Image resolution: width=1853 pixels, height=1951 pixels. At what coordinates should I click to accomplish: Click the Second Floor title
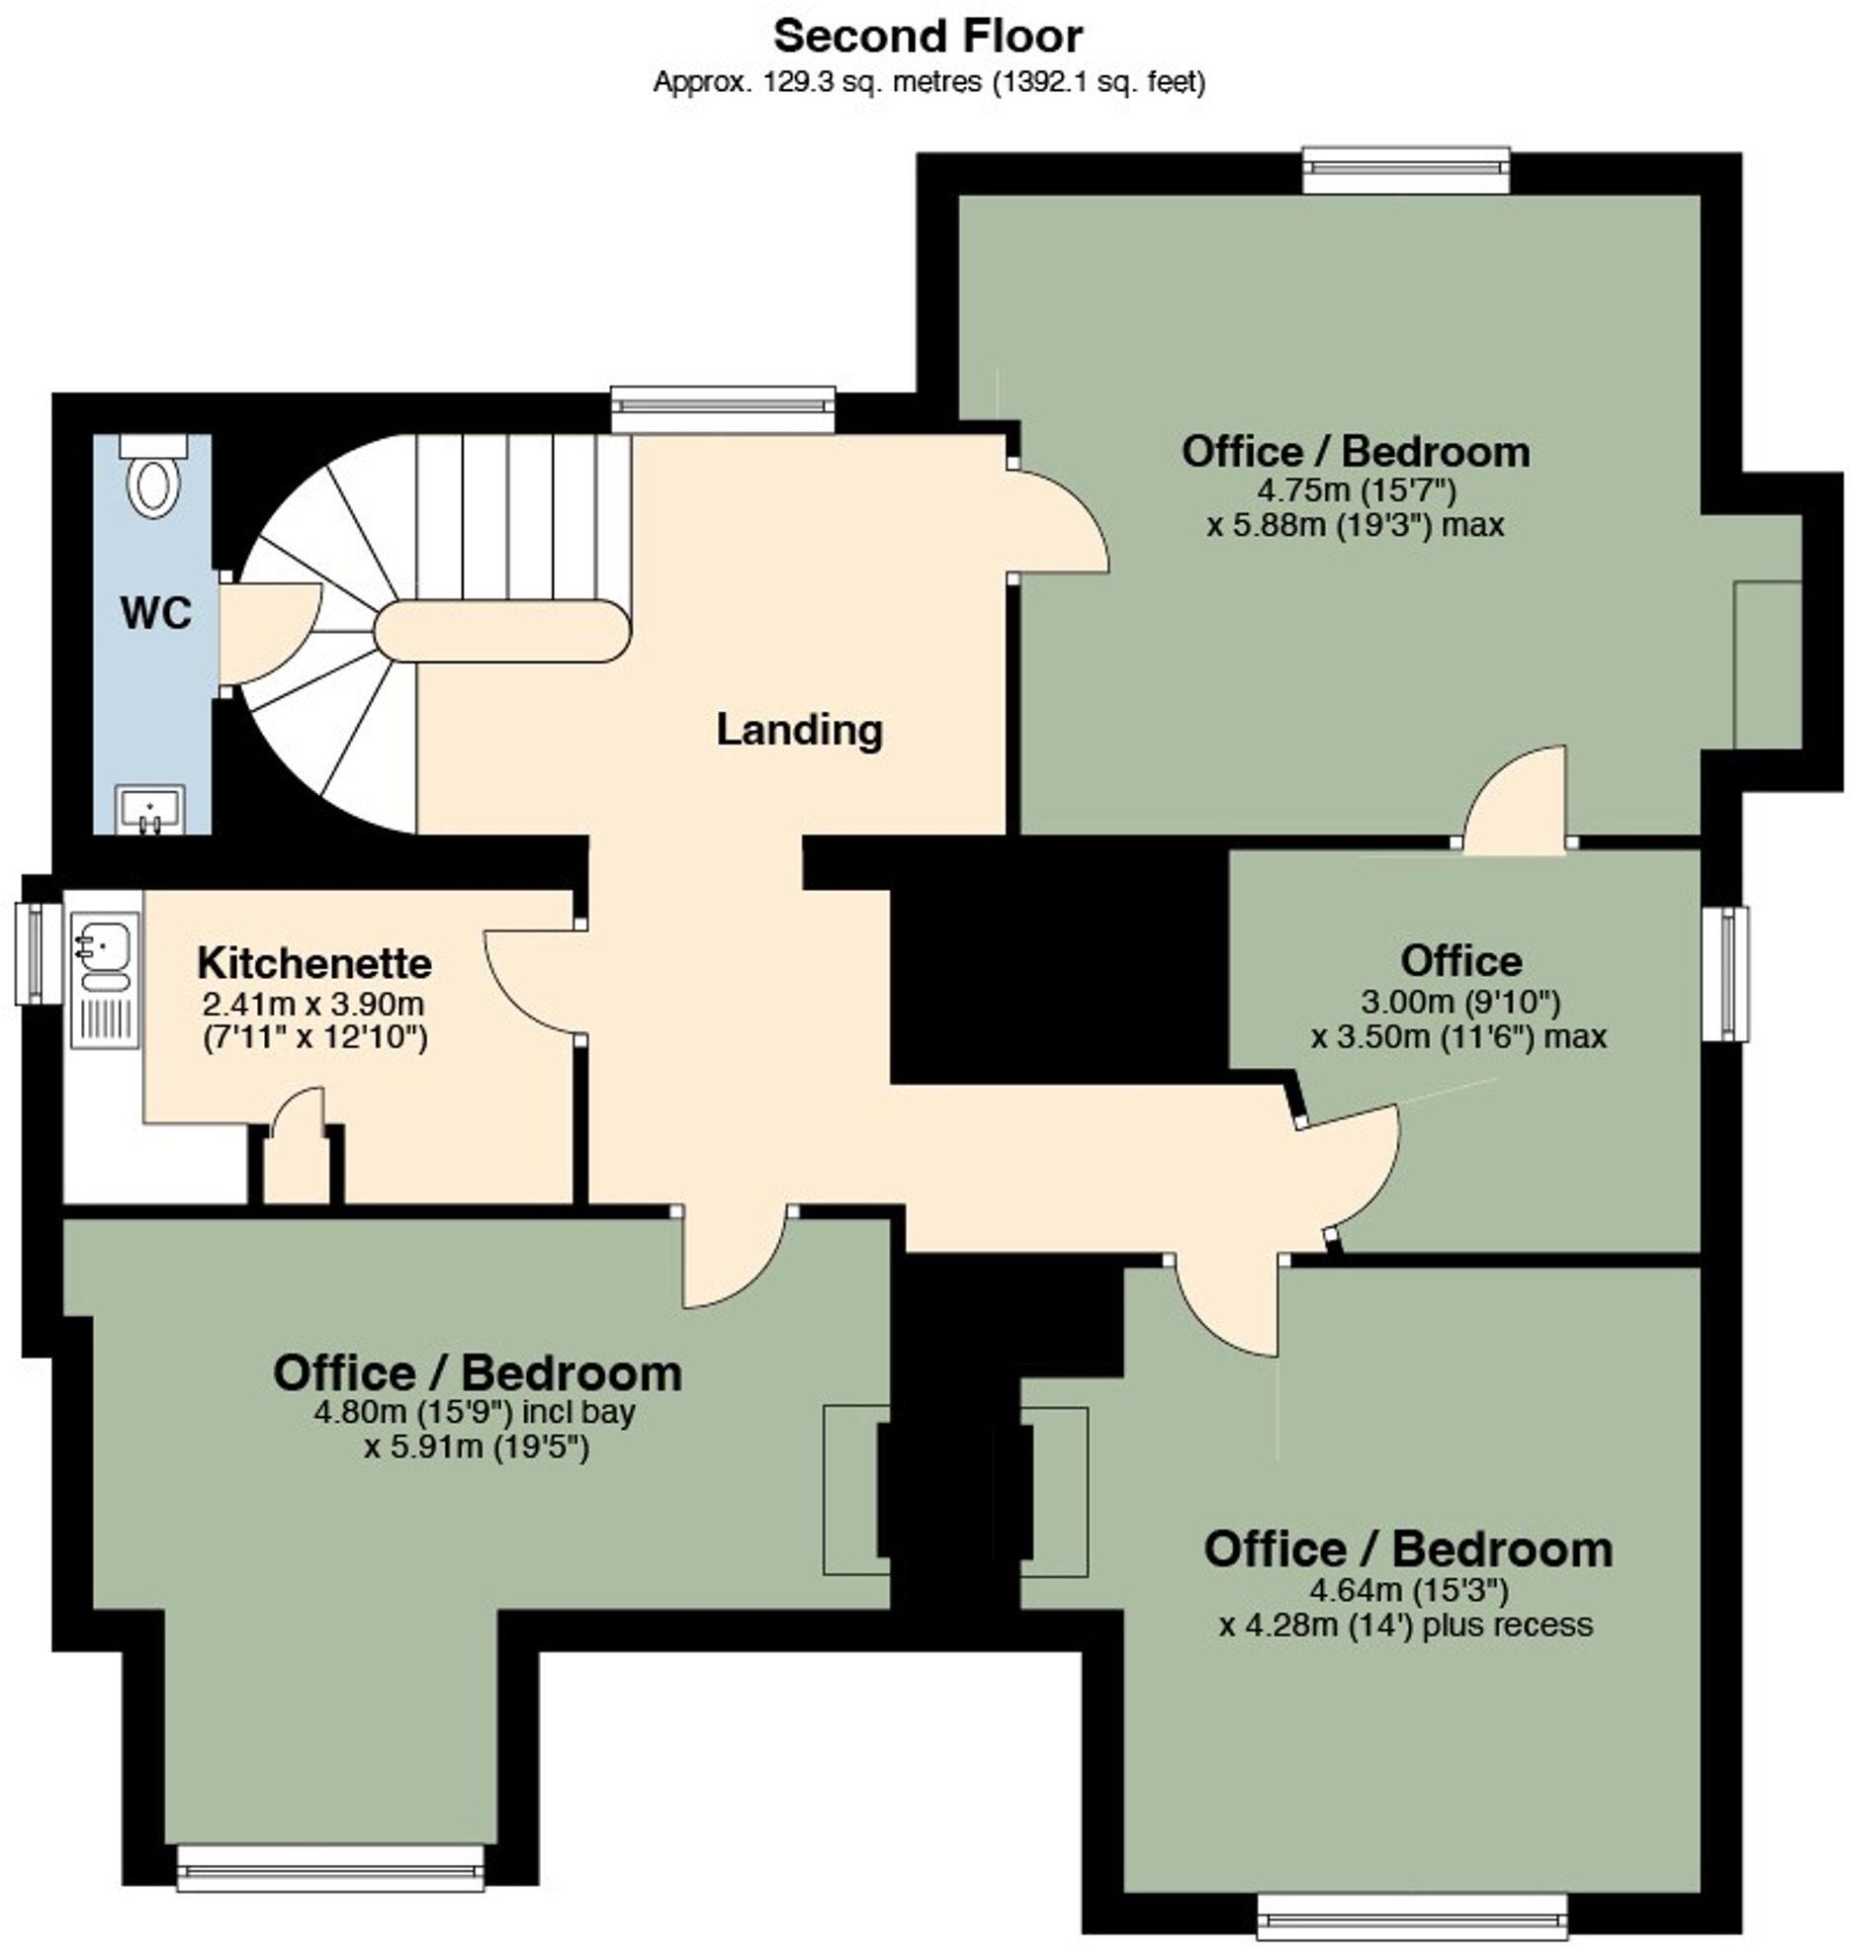click(x=926, y=37)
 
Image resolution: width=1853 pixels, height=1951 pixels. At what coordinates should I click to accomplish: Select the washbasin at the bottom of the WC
click(x=150, y=809)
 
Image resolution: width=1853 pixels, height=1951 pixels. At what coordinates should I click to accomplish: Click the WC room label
click(x=155, y=614)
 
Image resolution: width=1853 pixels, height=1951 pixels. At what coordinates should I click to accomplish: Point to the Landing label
click(x=799, y=730)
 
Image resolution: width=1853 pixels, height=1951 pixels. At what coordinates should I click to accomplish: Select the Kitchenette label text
click(x=314, y=962)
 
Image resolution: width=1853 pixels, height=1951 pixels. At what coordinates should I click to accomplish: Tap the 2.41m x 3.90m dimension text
click(x=313, y=1005)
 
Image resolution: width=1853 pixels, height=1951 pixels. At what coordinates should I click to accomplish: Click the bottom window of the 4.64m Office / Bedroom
click(x=1412, y=1922)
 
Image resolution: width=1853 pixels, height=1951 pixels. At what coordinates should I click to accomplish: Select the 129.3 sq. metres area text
click(x=928, y=82)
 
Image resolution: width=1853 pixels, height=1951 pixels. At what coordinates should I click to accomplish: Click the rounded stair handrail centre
click(x=502, y=632)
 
